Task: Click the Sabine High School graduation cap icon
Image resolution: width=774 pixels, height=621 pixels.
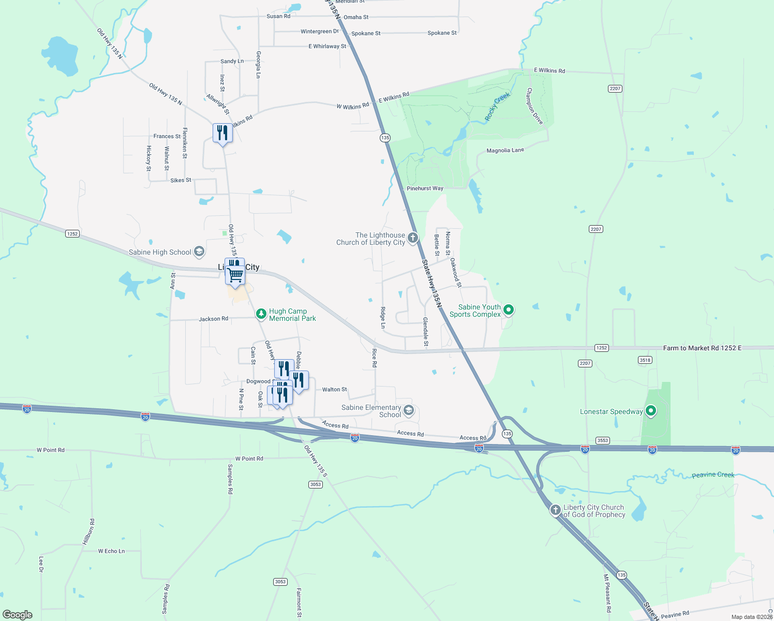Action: click(x=199, y=252)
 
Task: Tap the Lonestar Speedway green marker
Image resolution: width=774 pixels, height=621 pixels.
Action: click(x=651, y=411)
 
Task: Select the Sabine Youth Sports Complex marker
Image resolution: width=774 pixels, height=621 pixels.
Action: click(x=509, y=310)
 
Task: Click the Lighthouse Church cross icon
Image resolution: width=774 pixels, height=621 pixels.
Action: click(x=413, y=238)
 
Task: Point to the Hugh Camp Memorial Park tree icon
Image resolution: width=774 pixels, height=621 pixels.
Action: click(x=262, y=314)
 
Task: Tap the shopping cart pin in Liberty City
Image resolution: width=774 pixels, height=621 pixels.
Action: click(x=235, y=275)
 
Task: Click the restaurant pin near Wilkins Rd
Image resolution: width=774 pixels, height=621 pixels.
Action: click(x=222, y=133)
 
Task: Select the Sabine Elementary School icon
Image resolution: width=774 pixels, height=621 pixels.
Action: click(x=409, y=411)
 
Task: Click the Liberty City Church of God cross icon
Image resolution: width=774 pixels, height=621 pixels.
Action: click(x=556, y=510)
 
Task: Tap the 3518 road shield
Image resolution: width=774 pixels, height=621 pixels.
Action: click(x=645, y=360)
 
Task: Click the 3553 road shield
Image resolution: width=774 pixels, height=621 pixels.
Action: click(x=602, y=440)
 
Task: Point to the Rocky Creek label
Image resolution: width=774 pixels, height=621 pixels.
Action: click(x=497, y=106)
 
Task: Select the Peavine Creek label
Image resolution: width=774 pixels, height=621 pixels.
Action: click(x=713, y=475)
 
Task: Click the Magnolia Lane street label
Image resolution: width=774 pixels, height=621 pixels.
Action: click(x=505, y=151)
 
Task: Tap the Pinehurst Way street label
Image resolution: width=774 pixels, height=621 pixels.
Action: click(x=425, y=188)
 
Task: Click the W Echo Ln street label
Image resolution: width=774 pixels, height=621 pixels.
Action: click(x=111, y=551)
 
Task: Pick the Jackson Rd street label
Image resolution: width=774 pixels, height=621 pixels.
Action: click(x=213, y=319)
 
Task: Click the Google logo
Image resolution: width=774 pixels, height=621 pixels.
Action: click(x=18, y=614)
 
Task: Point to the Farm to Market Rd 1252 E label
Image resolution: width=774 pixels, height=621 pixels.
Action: click(x=702, y=348)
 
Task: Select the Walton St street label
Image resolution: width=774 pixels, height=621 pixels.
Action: click(x=334, y=389)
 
